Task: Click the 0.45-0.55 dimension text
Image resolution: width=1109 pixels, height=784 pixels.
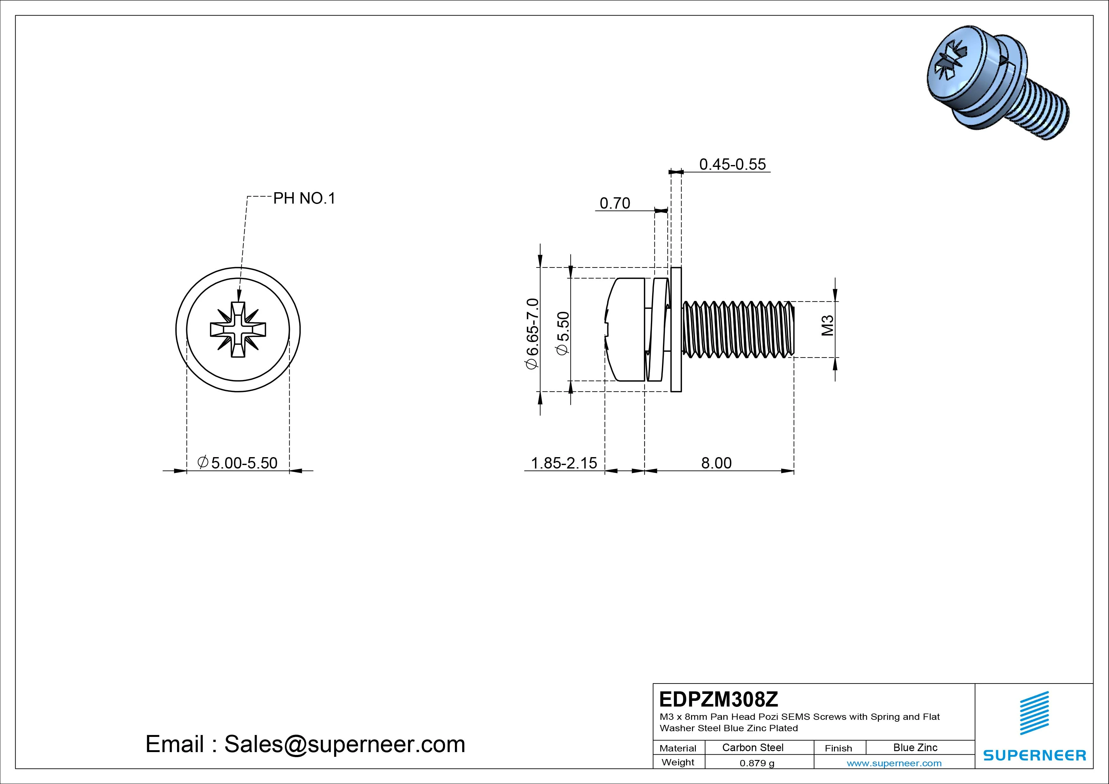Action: (732, 164)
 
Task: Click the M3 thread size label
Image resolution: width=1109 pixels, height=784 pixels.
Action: (827, 325)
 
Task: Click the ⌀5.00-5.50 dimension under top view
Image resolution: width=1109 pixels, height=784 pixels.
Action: (238, 463)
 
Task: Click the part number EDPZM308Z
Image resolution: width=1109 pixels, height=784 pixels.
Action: (718, 699)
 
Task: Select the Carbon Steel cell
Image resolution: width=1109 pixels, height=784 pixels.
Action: (752, 747)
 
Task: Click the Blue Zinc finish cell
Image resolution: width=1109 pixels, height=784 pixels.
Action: (915, 747)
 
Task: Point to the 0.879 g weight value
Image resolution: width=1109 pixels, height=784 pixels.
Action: (757, 763)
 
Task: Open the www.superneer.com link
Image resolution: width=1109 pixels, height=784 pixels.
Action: (894, 763)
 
